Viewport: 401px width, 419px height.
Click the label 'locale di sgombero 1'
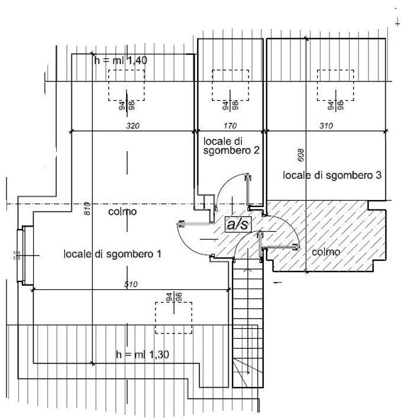(112, 254)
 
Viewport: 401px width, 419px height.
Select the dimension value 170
(230, 126)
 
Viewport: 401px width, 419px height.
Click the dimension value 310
(326, 126)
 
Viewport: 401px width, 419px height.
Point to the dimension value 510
(131, 284)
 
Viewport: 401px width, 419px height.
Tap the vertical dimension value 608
(300, 156)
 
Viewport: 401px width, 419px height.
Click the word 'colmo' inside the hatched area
(326, 252)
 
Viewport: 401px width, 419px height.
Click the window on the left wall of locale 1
(23, 255)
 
